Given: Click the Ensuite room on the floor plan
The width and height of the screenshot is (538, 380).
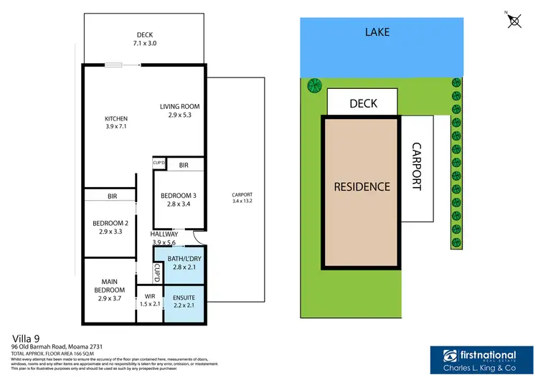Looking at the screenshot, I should tap(184, 303).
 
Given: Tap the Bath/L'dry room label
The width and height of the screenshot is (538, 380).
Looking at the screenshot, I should tap(184, 262).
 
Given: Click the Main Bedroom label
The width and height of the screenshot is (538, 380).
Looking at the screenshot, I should tap(109, 285).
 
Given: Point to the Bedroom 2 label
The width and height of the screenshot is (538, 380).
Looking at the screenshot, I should tap(109, 227).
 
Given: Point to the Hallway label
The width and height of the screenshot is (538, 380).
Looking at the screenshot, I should tap(164, 234).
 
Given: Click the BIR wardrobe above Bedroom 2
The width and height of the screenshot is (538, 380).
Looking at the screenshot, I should tap(111, 196).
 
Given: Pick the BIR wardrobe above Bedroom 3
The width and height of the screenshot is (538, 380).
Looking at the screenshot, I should tap(184, 164).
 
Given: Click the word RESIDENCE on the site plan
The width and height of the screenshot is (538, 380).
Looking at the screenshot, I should tap(362, 186).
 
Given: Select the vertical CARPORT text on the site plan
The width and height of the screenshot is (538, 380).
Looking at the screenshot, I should tap(417, 167).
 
